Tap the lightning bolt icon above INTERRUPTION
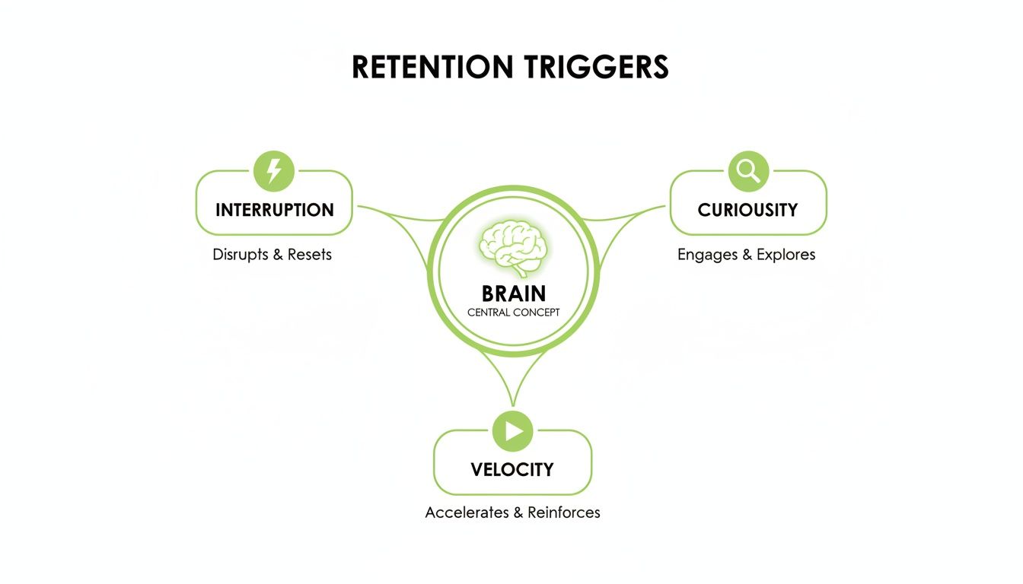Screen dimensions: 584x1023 [273, 170]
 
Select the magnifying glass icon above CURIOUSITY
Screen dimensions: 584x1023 [748, 170]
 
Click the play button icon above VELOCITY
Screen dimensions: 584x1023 [512, 431]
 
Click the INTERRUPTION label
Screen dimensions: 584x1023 [274, 210]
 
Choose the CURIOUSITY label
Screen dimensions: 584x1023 [747, 210]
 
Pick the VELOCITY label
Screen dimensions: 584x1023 [512, 469]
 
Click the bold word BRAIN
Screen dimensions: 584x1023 [513, 294]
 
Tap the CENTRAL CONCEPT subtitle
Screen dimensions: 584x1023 [513, 313]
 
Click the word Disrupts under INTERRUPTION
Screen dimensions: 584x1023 [241, 254]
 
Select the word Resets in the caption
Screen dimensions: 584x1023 [309, 254]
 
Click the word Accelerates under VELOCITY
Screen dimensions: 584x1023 [467, 513]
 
